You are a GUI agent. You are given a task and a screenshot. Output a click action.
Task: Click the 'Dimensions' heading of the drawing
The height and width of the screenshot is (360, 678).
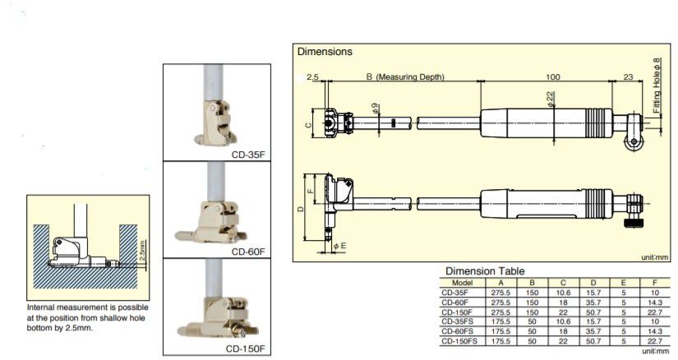(x=325, y=52)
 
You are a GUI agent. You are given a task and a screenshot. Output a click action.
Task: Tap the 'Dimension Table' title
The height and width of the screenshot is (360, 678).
(x=485, y=271)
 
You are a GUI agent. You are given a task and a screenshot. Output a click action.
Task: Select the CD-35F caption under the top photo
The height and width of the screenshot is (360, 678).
(x=248, y=155)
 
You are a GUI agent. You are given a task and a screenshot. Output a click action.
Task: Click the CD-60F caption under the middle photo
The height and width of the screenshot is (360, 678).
(x=248, y=252)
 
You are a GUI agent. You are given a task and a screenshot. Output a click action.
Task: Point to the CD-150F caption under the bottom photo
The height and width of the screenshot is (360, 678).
(x=245, y=348)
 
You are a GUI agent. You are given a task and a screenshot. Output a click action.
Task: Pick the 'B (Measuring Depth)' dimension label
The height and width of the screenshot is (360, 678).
(x=405, y=76)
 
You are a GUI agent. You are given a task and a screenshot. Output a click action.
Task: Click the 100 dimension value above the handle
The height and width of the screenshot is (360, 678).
(x=552, y=76)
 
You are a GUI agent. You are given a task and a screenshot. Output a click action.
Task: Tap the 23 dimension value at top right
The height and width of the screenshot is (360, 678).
(x=628, y=76)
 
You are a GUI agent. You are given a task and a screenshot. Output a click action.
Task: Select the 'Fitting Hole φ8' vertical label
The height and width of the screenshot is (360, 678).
(x=657, y=85)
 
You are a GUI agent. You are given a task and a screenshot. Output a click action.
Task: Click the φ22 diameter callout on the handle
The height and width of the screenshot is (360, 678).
(x=550, y=99)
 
